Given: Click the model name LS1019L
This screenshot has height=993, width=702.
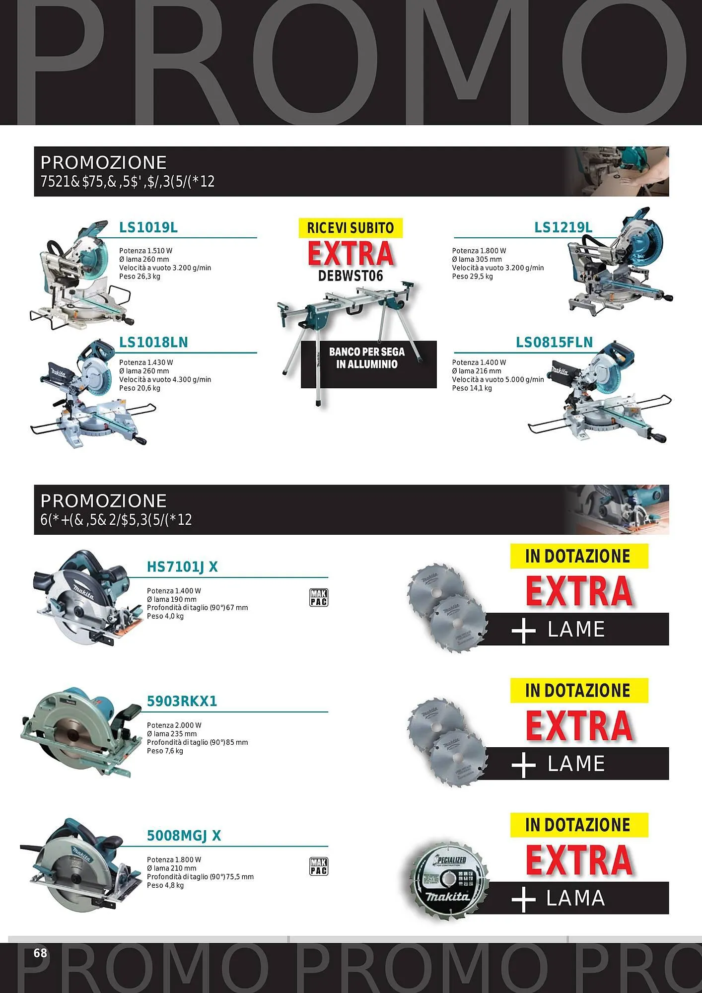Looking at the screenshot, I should click(148, 227).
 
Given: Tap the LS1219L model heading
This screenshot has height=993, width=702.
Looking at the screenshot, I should click(563, 227).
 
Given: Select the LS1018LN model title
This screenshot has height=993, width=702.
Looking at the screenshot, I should click(153, 342).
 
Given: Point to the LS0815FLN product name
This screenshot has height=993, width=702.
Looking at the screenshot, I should click(554, 342).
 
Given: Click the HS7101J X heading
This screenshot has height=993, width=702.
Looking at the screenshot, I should click(182, 567).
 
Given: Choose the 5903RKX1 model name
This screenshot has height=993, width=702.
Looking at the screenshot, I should click(182, 701).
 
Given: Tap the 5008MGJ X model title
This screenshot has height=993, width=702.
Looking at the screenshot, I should click(184, 836).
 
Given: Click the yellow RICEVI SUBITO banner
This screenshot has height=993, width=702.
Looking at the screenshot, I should click(350, 228).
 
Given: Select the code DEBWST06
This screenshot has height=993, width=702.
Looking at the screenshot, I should click(351, 276).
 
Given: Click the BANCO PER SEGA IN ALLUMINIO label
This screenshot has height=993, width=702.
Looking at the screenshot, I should click(367, 358).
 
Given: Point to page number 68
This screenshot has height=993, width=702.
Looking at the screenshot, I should click(40, 953).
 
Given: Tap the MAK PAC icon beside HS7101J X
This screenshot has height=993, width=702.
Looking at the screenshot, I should click(318, 597).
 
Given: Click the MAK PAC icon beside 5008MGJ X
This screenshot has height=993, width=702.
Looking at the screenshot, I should click(318, 866).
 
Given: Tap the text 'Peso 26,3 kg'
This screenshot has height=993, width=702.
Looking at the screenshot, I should click(140, 277).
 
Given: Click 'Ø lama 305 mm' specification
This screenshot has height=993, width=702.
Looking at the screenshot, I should click(477, 259).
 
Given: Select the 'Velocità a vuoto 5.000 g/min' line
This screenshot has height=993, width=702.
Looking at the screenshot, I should click(497, 379).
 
